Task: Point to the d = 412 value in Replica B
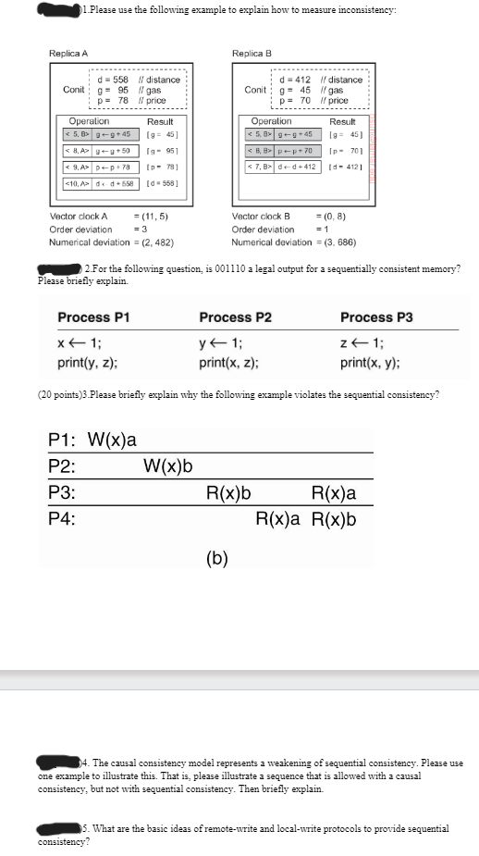[295, 80]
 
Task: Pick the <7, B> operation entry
[258, 166]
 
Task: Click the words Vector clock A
[80, 216]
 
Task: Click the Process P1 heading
[93, 317]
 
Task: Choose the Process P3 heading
[377, 317]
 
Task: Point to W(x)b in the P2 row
[167, 465]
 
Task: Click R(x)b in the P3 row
[230, 492]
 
